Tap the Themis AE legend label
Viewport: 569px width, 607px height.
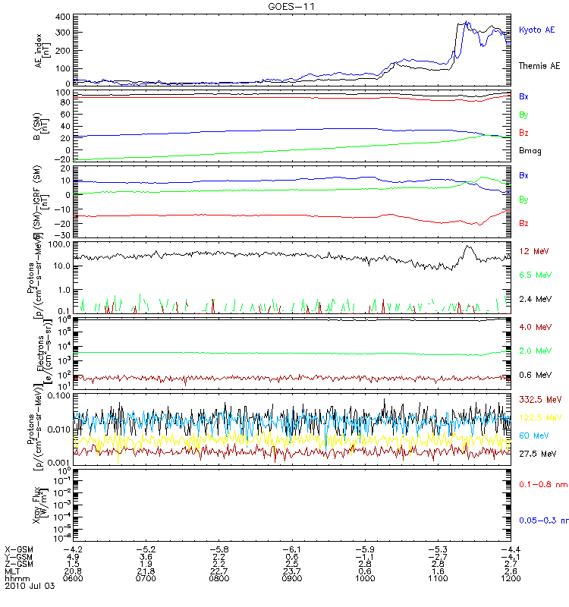pyautogui.click(x=539, y=66)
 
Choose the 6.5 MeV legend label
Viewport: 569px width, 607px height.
pyautogui.click(x=533, y=275)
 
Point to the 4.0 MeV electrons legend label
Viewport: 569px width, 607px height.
pyautogui.click(x=533, y=327)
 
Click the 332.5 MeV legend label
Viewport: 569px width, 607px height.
pyautogui.click(x=538, y=398)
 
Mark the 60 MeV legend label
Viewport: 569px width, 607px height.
pyautogui.click(x=531, y=435)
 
